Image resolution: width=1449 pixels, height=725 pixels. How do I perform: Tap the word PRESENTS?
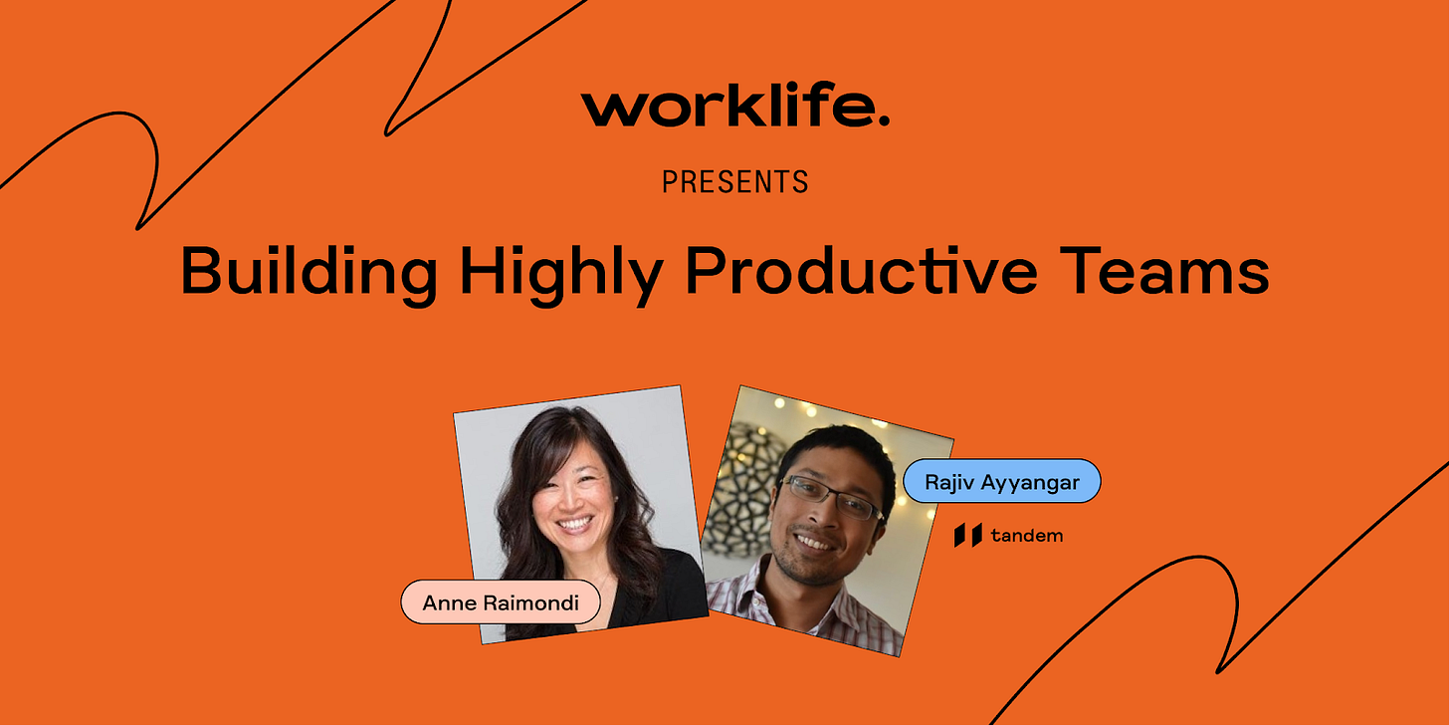[x=735, y=182]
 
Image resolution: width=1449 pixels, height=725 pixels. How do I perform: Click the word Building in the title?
[x=309, y=273]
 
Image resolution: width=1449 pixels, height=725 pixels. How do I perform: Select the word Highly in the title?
[x=561, y=273]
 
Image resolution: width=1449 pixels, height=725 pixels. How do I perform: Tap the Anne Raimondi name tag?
[x=500, y=603]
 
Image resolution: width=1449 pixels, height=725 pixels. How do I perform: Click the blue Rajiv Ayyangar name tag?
[x=1001, y=482]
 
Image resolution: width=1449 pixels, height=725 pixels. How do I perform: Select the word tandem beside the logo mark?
[x=1027, y=536]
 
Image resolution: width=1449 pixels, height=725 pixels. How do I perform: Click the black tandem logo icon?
[x=967, y=535]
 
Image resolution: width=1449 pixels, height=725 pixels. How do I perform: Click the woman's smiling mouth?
[x=574, y=523]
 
